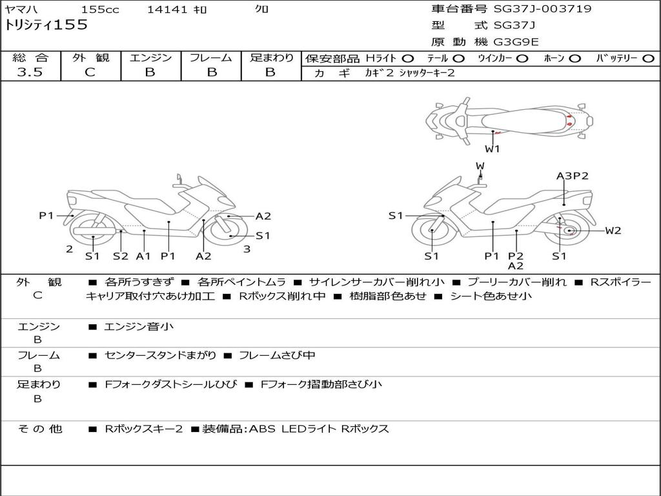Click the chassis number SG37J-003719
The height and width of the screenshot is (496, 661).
tap(542, 9)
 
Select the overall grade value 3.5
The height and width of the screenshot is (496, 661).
tap(30, 72)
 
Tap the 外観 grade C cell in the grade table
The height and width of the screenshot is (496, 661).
tap(90, 72)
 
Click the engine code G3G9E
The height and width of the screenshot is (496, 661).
tap(516, 43)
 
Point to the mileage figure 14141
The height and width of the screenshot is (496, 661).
tap(167, 10)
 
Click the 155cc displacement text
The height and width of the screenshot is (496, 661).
tap(100, 10)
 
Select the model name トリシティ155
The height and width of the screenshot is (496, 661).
tap(46, 25)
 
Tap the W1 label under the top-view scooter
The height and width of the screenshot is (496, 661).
tap(493, 149)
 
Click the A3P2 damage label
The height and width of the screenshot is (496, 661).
tap(572, 176)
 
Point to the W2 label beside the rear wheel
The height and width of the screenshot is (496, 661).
tap(613, 231)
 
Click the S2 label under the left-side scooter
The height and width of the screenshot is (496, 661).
tap(121, 256)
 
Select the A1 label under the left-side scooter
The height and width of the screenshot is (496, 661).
tap(143, 256)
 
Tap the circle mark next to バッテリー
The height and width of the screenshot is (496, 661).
tap(648, 59)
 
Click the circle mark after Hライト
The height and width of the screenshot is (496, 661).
tap(407, 59)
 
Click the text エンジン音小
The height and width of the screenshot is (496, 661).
tap(138, 327)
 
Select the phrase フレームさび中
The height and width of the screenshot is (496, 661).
tap(277, 356)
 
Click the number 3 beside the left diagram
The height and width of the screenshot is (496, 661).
tap(247, 249)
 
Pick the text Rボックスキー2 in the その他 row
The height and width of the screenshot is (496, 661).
tap(143, 429)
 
